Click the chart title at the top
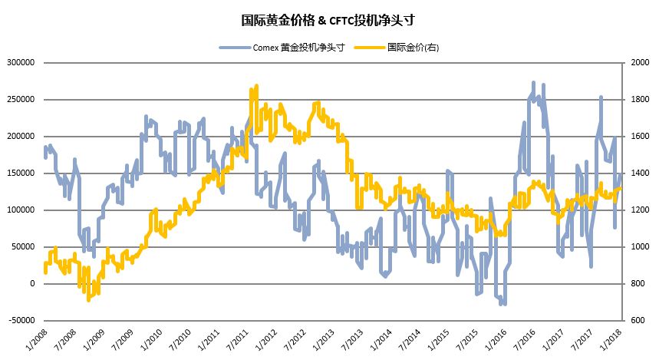pos(329,18)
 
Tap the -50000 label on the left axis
pos(21,321)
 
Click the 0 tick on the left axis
pos(32,284)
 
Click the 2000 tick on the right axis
pos(638,63)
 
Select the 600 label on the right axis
pos(636,321)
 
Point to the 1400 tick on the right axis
pos(638,173)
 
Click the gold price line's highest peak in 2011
pos(255,86)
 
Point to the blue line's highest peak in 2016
pos(533,83)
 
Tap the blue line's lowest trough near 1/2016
pos(503,304)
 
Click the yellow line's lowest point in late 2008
pos(88,299)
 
